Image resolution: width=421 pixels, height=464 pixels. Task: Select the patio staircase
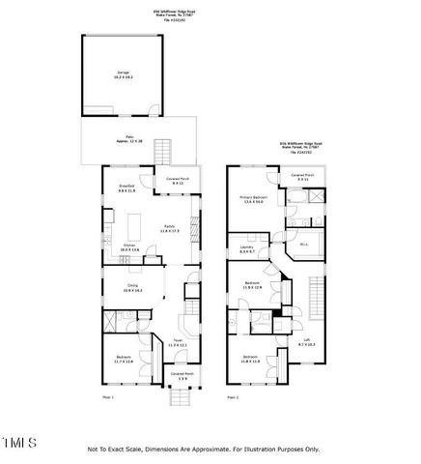tap(163, 152)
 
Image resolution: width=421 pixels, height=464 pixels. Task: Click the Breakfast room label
tap(126, 189)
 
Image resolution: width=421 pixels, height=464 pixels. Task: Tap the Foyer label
tap(178, 342)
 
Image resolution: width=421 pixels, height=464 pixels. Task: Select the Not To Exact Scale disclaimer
tap(204, 449)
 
